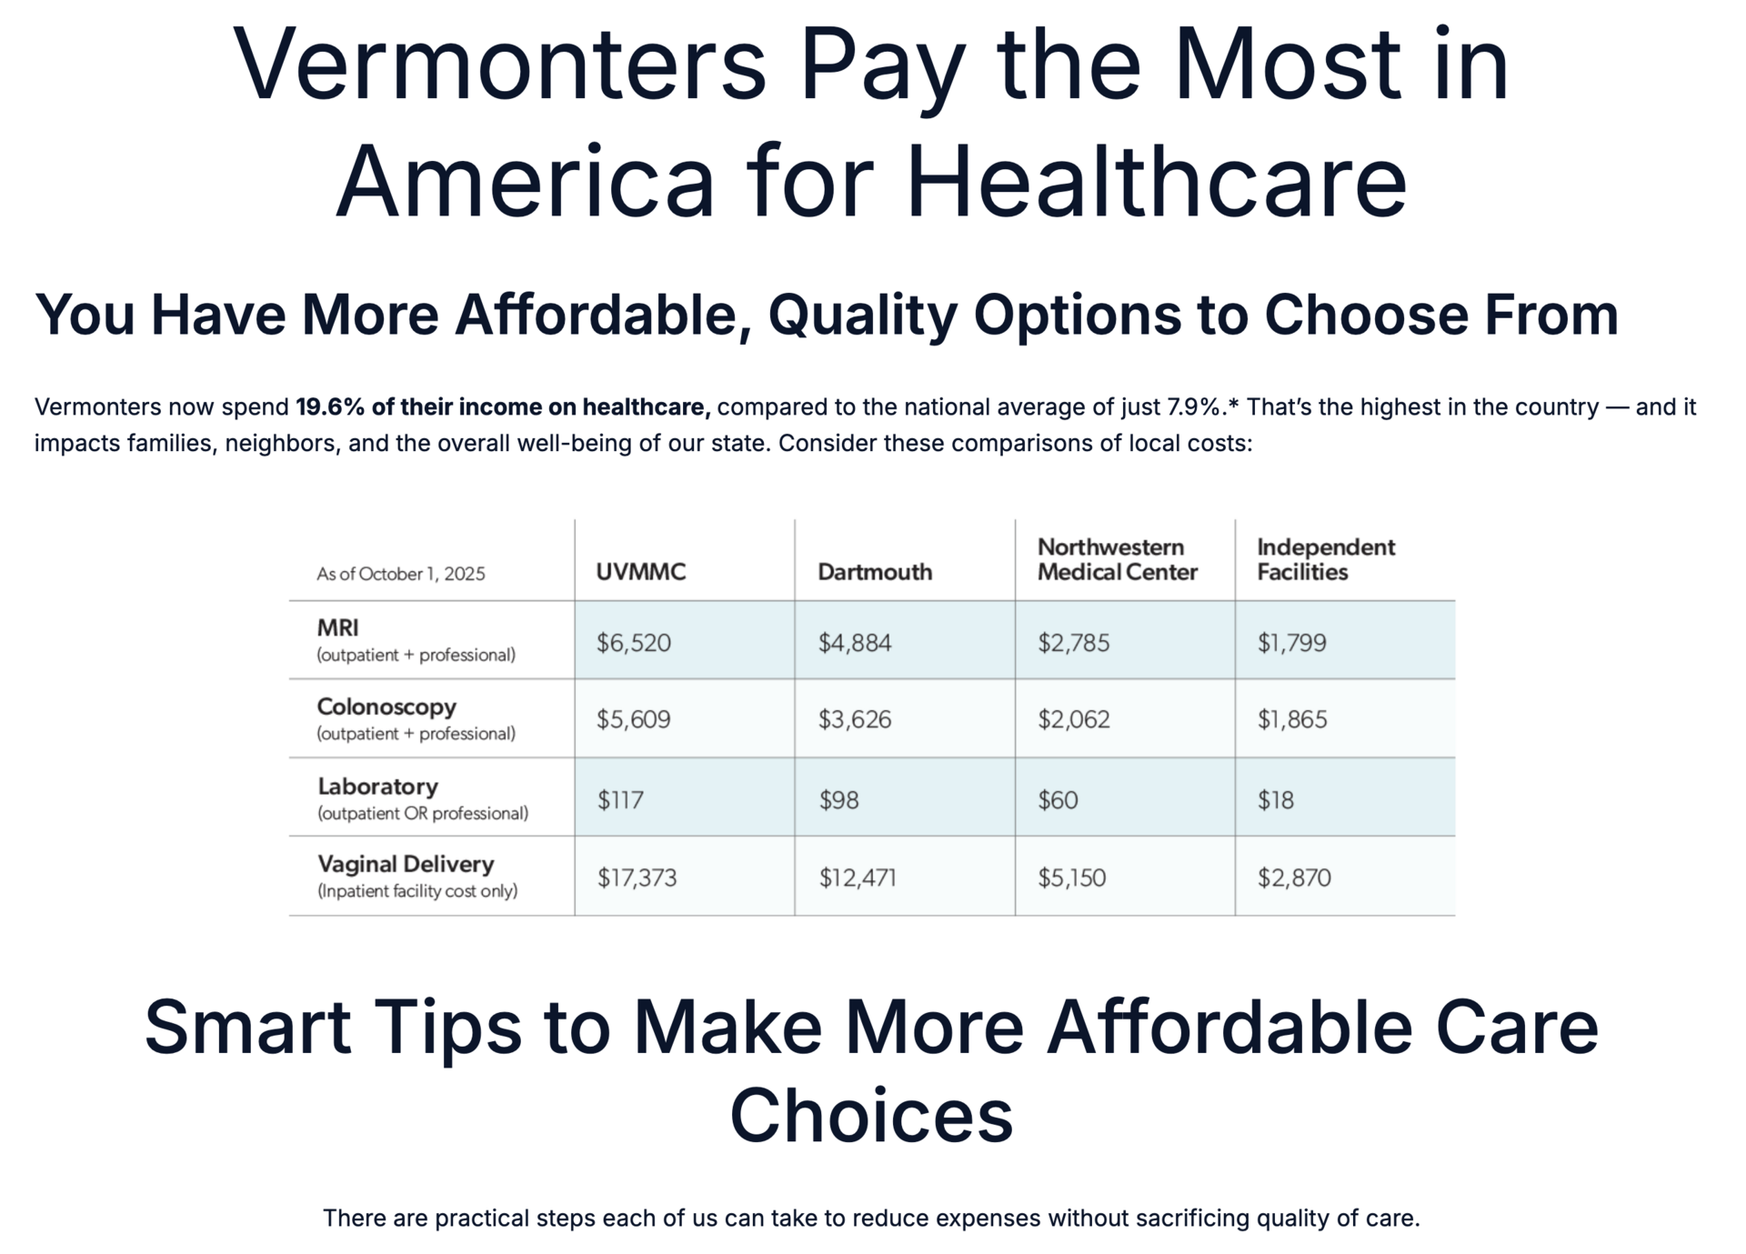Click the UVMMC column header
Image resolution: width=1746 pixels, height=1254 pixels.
tap(640, 572)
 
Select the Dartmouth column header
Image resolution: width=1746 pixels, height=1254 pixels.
tap(874, 572)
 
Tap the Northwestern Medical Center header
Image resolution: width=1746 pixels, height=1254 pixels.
tap(1117, 559)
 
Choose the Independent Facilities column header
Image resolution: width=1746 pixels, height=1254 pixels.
tap(1325, 559)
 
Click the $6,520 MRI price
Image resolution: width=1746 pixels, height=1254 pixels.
tap(633, 643)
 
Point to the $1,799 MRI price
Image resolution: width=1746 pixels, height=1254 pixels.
tap(1291, 643)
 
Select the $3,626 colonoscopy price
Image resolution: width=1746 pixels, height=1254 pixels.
tap(854, 719)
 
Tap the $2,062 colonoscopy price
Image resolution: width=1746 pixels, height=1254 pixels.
tap(1073, 719)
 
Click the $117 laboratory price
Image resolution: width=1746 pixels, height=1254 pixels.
tap(620, 800)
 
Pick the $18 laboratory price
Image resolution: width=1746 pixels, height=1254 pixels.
tap(1275, 800)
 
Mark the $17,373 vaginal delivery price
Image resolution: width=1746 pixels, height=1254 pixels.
tap(637, 878)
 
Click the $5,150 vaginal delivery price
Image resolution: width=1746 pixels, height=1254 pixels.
tap(1071, 878)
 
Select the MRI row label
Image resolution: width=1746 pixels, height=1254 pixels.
tap(337, 627)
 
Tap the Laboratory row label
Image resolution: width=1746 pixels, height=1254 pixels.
tap(377, 786)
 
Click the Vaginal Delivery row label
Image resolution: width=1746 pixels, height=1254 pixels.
tap(406, 864)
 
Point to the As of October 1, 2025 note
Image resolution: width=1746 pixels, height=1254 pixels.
tap(400, 574)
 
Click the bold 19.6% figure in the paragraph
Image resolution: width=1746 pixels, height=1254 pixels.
tap(329, 407)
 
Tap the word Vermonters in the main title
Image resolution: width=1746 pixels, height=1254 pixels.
tap(500, 65)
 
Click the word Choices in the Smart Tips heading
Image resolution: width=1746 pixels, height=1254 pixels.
tap(871, 1116)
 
